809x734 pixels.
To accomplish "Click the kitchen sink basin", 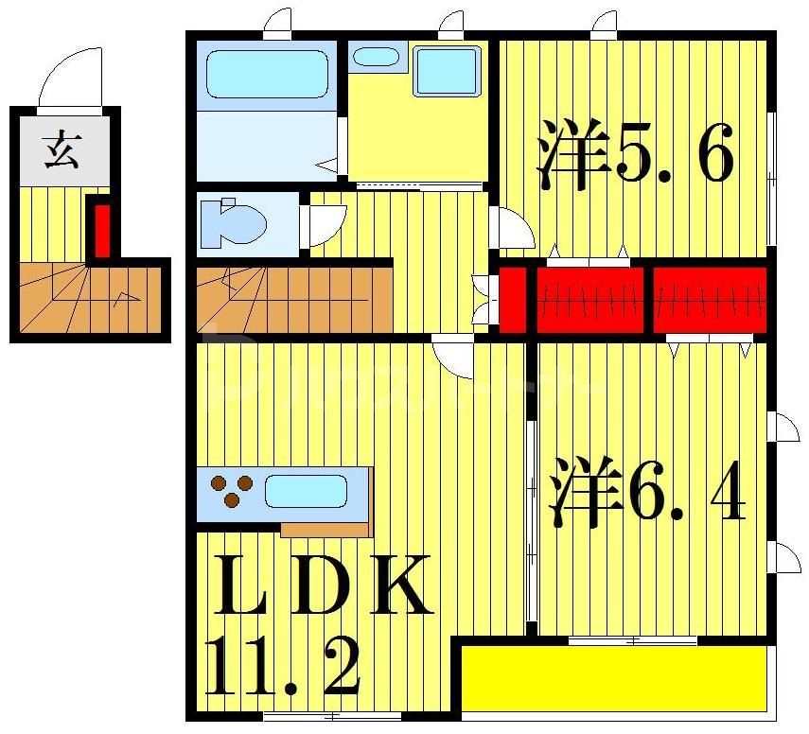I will click(305, 491).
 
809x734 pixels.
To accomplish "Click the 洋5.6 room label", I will click(635, 156).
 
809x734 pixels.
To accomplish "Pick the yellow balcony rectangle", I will click(613, 677).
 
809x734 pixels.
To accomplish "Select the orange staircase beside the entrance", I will click(90, 298).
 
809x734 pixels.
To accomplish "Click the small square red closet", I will click(512, 300).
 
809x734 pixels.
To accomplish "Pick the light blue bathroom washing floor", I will click(264, 143).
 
